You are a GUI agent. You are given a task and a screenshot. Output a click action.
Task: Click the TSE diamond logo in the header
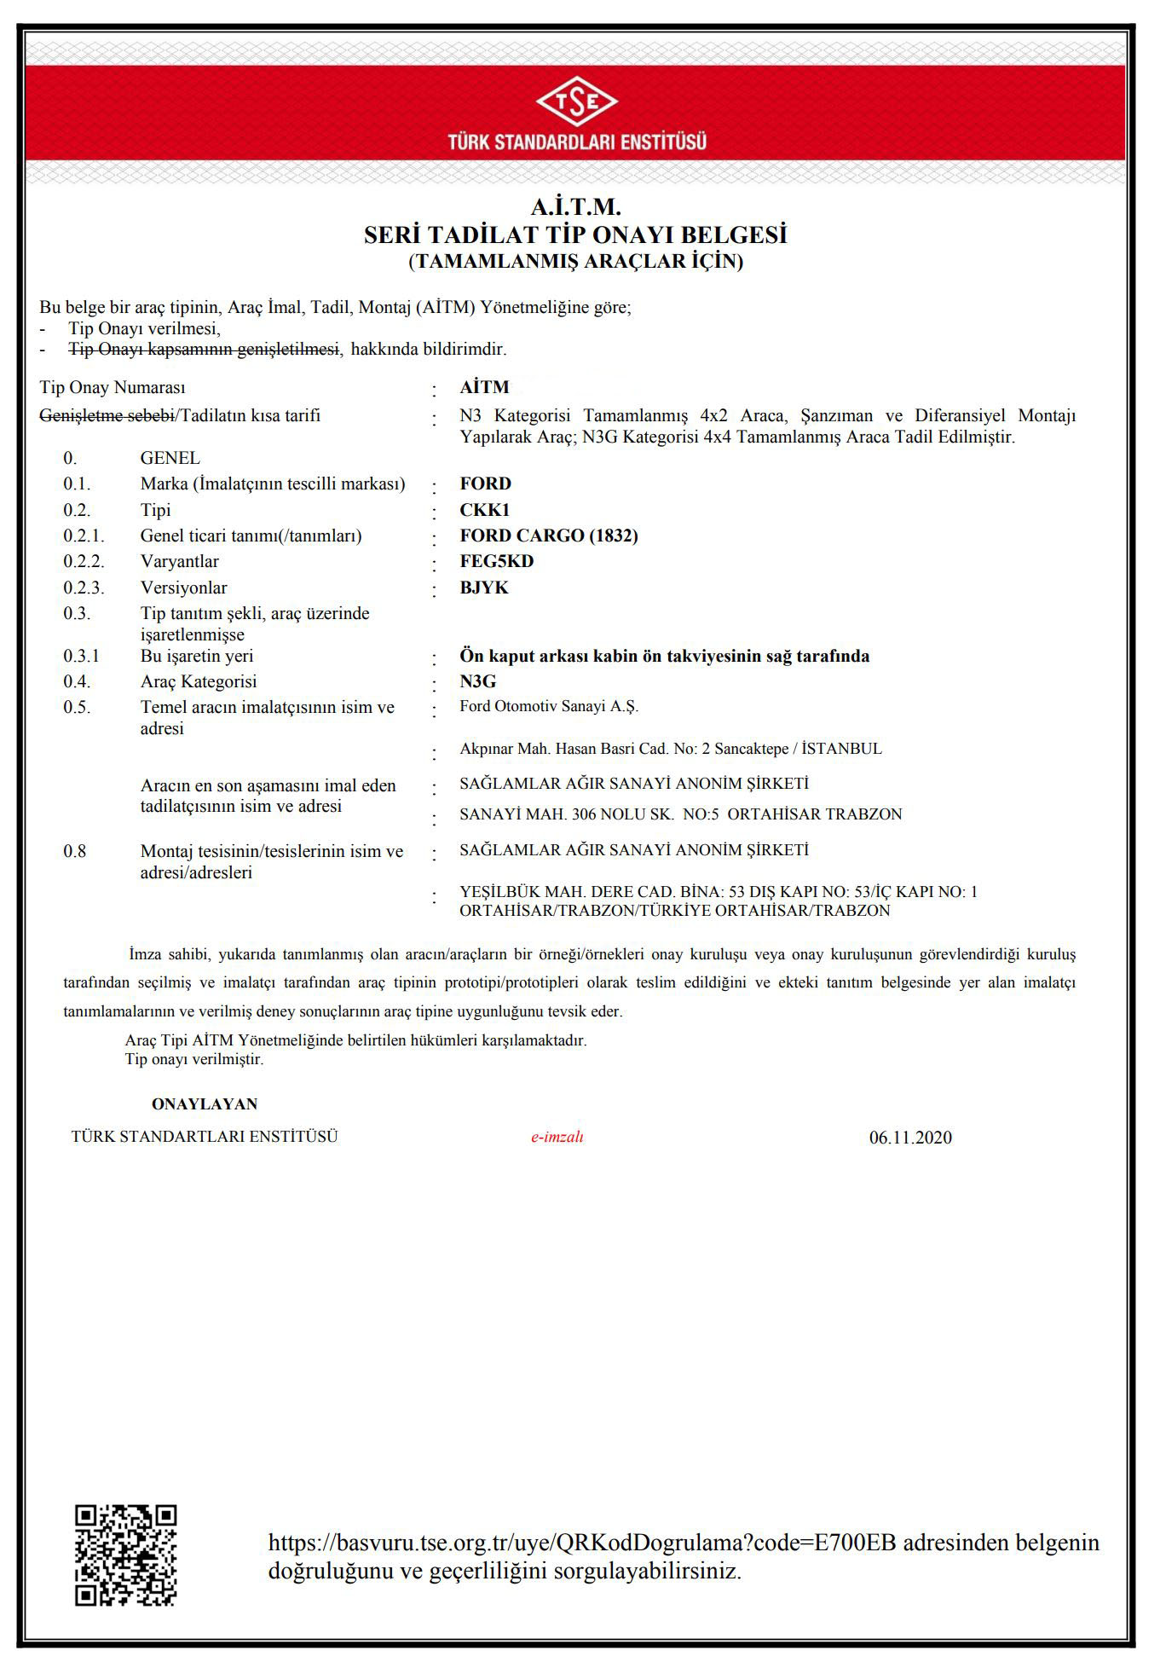point(577,102)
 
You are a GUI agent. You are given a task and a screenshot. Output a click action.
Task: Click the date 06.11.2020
point(910,1138)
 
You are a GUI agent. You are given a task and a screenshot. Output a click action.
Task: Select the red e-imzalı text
point(557,1137)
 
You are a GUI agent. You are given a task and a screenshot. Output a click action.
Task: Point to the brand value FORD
point(486,484)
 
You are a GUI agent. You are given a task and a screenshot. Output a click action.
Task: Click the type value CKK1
point(484,510)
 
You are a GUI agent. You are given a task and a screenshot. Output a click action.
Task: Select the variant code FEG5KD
point(497,561)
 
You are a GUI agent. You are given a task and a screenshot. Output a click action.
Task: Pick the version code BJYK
point(484,588)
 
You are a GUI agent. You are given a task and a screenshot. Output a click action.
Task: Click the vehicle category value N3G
point(478,681)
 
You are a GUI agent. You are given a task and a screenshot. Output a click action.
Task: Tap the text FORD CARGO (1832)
point(549,536)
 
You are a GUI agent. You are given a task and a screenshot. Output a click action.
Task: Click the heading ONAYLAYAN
point(205,1104)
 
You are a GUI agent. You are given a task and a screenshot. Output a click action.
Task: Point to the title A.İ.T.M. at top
point(576,207)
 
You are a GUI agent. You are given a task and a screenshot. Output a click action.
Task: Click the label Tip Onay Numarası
point(113,388)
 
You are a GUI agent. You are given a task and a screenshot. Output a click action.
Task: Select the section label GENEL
point(170,458)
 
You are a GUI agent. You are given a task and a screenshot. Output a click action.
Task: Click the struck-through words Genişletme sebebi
point(107,416)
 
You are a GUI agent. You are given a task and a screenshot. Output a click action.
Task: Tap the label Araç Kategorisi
point(199,681)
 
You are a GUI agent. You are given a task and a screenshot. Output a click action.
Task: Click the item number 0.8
point(75,851)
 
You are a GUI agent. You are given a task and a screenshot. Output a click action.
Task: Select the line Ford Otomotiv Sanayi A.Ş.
point(549,706)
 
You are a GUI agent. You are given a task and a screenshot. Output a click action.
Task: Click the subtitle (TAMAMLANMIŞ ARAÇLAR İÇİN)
point(576,261)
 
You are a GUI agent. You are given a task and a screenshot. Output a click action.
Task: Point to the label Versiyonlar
point(184,588)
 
